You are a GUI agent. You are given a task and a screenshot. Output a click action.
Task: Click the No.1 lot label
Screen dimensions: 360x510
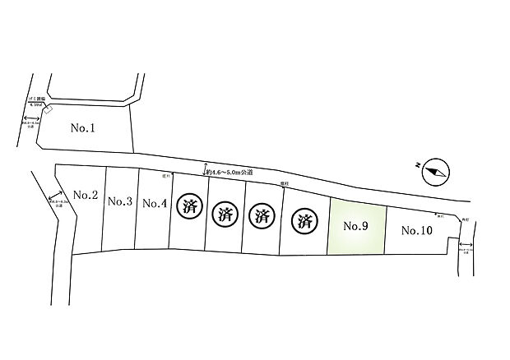pyautogui.click(x=84, y=128)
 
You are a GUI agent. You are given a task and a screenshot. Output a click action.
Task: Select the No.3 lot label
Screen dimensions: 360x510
pyautogui.click(x=120, y=201)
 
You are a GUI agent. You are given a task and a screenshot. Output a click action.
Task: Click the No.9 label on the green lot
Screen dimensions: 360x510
pyautogui.click(x=355, y=226)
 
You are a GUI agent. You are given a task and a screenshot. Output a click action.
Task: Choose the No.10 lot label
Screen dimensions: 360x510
pyautogui.click(x=416, y=231)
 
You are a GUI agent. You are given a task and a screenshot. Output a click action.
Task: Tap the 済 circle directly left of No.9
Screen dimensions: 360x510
pyautogui.click(x=305, y=221)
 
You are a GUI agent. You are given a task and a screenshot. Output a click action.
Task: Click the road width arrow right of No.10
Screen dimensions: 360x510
pyautogui.click(x=466, y=247)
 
